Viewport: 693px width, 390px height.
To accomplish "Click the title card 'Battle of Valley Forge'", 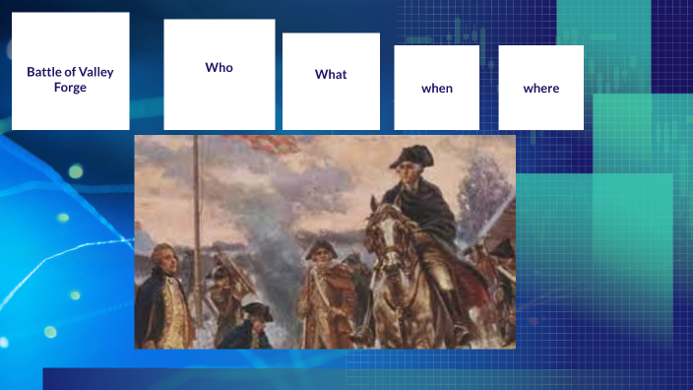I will [70, 71].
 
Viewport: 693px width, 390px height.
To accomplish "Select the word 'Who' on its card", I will [219, 67].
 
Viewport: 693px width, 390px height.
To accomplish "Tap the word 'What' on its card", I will [331, 74].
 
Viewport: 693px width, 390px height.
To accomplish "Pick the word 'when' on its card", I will [437, 88].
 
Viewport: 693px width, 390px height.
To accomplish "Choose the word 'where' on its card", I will [540, 88].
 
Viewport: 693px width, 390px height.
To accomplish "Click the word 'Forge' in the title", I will [70, 87].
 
